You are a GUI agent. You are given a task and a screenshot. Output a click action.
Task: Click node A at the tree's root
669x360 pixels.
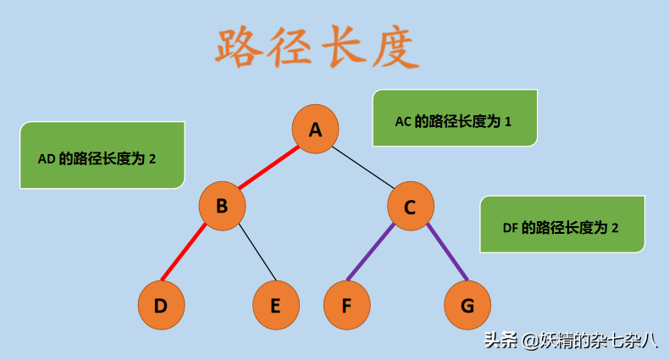(315, 129)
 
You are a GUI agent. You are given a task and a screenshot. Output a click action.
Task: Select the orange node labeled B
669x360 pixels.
(222, 205)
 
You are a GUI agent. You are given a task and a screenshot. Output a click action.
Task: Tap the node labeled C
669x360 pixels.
(410, 206)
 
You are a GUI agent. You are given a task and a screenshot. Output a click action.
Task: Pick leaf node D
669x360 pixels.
(160, 305)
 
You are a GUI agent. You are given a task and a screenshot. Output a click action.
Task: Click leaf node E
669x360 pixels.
(275, 305)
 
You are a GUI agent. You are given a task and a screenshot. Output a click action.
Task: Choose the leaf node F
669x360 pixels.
(346, 305)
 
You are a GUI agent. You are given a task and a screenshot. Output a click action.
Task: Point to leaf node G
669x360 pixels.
(467, 305)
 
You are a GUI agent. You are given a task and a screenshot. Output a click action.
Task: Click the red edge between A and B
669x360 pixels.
(268, 167)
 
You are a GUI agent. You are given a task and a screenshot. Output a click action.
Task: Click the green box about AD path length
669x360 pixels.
(102, 155)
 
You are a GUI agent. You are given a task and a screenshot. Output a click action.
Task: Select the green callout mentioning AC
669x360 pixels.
(454, 118)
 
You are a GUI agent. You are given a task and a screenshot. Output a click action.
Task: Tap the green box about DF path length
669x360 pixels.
(561, 224)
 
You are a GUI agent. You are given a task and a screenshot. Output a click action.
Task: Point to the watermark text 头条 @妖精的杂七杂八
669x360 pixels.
(570, 341)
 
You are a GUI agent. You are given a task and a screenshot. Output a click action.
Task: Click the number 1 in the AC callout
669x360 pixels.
(508, 121)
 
